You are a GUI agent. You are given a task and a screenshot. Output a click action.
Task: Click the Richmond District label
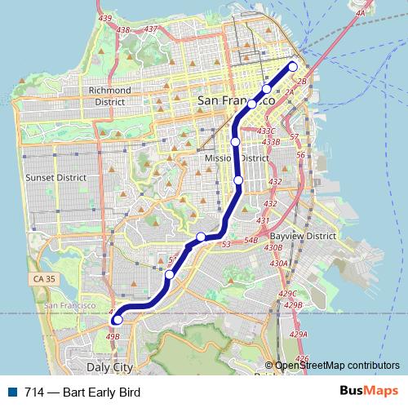pos(109,95)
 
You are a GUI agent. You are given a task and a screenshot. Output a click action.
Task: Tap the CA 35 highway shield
pos(47,279)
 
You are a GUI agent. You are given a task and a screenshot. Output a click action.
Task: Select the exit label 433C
pos(267,131)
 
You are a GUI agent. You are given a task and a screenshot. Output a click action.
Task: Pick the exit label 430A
pos(279,263)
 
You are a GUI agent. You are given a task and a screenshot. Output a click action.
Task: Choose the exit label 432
pos(275,181)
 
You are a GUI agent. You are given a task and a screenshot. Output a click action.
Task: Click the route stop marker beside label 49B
pos(118,321)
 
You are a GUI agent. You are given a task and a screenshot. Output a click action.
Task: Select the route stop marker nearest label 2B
pos(293,67)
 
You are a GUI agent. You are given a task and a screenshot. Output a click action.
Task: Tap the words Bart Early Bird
pos(95,392)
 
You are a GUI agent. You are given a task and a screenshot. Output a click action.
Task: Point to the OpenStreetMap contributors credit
pos(337,366)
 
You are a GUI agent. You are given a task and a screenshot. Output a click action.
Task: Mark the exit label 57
pos(294,136)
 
